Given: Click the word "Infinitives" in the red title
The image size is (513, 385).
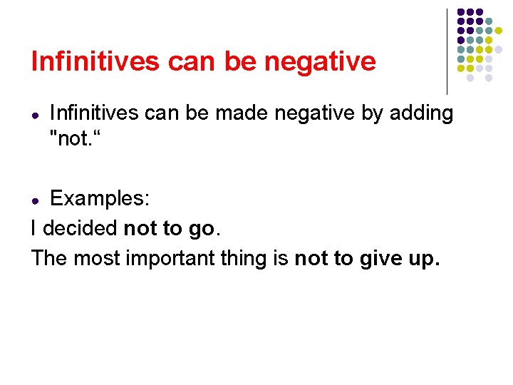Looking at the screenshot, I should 96,62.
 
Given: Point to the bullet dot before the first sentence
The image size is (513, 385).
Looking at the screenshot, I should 35,115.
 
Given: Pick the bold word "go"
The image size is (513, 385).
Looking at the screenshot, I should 201,230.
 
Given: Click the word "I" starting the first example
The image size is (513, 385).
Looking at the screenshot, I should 34,228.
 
